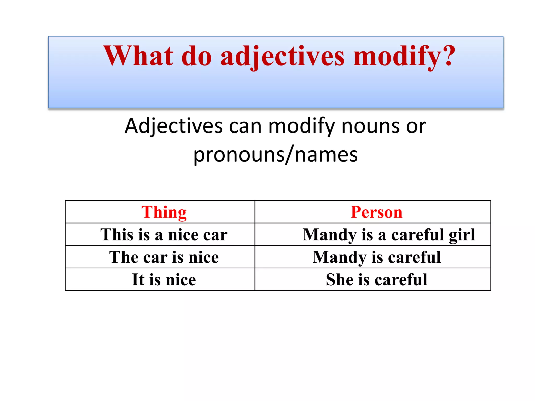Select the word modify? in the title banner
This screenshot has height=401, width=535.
coord(404,56)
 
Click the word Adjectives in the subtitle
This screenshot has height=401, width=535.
coord(173,126)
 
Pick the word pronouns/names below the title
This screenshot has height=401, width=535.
coord(275,155)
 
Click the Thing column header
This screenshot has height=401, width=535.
coord(164,212)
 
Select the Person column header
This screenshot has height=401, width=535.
coord(376,212)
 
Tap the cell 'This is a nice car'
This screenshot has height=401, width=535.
coord(164,234)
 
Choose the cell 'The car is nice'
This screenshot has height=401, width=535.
coord(164,257)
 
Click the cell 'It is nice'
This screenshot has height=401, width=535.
coord(164,280)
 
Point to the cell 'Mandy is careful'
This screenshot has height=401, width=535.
coord(377,257)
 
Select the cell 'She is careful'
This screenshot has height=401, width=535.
coord(377,280)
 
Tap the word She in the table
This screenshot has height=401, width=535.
coord(339,280)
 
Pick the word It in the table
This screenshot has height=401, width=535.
coord(138,280)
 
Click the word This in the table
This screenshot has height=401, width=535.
coord(117,234)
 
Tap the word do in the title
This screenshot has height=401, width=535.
coord(196,56)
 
